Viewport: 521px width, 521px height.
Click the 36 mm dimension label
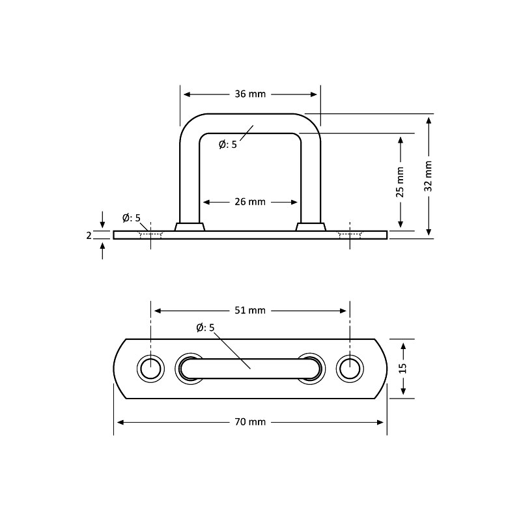250,94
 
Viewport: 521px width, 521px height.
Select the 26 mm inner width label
250,202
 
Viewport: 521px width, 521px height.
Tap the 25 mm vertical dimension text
400,182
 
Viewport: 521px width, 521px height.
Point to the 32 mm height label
429,176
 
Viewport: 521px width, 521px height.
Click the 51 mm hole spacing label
250,311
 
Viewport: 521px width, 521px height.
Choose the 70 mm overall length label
250,422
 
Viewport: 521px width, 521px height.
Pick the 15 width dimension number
402,369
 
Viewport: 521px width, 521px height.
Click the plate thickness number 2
89,236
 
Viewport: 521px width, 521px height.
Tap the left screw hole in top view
151,369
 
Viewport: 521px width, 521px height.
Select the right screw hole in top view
350,369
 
